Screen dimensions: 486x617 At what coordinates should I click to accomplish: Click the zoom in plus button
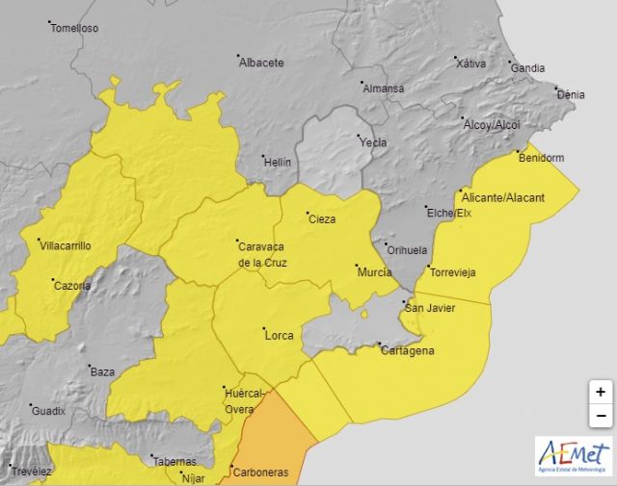click(600, 392)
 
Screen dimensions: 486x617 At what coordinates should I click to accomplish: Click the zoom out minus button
click(600, 415)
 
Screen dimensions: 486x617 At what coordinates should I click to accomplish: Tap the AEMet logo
click(573, 455)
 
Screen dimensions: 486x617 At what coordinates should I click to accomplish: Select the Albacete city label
click(262, 63)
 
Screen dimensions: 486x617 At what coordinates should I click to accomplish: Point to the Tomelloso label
click(75, 28)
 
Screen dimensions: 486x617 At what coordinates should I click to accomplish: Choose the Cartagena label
click(406, 350)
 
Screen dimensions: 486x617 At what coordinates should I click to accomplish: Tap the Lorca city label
click(279, 335)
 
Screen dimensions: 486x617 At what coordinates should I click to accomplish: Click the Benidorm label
click(541, 158)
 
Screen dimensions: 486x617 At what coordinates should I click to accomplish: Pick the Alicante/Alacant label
click(503, 197)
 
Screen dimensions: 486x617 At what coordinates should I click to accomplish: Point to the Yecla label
click(372, 142)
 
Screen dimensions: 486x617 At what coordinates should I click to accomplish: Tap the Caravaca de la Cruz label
click(261, 254)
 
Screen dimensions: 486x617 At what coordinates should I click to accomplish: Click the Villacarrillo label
click(65, 245)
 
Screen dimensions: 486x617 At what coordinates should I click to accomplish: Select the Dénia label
click(571, 94)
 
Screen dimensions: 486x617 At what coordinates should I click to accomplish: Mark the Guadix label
click(48, 411)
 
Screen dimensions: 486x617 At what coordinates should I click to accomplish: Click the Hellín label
click(277, 163)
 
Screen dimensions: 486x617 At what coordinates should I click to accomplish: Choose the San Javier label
click(429, 308)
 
